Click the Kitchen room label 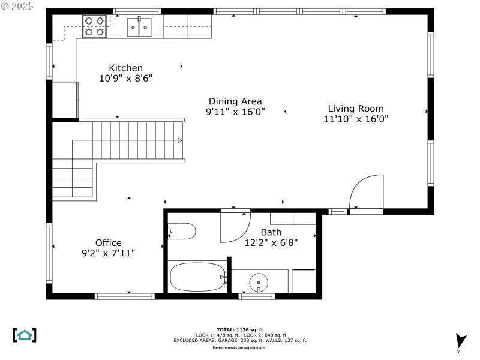point(125,68)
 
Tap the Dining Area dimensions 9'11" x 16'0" point(235,112)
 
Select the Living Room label point(356,109)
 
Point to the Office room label point(108,243)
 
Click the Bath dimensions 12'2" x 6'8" point(271,243)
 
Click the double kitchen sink point(139,27)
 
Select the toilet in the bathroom point(182,231)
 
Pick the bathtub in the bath point(197,277)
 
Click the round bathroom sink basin point(259,280)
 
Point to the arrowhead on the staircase point(180,140)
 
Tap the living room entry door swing point(366,191)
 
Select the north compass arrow point(460,341)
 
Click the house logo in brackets point(25,335)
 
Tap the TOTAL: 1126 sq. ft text point(239,329)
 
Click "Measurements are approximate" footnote point(239,347)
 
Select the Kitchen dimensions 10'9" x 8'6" point(125,78)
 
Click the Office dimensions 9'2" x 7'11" point(108,253)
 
